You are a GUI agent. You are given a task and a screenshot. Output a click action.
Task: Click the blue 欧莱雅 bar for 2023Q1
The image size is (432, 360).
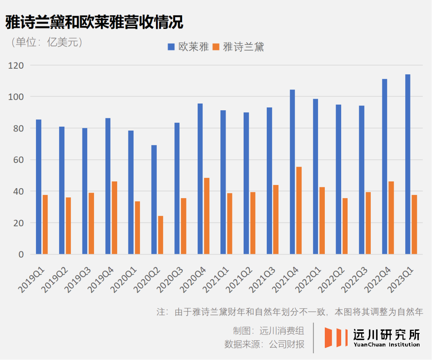pos(408,164)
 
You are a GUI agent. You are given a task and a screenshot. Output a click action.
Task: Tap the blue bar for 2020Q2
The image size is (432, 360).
pos(154,200)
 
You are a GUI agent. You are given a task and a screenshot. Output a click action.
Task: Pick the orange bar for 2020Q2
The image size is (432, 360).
pos(160,235)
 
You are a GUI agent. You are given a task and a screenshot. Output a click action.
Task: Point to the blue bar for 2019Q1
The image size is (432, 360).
pos(38,187)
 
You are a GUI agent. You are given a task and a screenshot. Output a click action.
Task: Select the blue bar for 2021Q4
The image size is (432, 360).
pos(292,172)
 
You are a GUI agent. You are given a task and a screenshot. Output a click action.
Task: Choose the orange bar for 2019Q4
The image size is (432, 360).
pos(114,218)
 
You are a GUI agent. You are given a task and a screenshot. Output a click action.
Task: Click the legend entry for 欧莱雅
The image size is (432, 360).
pos(188,47)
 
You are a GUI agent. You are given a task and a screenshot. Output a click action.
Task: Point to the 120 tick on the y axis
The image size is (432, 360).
pos(16,65)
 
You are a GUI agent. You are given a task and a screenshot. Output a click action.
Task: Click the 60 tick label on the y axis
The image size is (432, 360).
pos(19,160)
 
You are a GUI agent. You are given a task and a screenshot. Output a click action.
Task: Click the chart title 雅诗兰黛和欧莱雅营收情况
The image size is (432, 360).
pos(94,22)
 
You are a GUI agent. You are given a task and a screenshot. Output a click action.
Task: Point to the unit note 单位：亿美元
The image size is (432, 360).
pos(48,42)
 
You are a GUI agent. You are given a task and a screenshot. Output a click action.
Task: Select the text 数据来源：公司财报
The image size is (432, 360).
pos(264,344)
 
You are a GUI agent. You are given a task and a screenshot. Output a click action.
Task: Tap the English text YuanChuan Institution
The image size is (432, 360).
pos(386,344)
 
